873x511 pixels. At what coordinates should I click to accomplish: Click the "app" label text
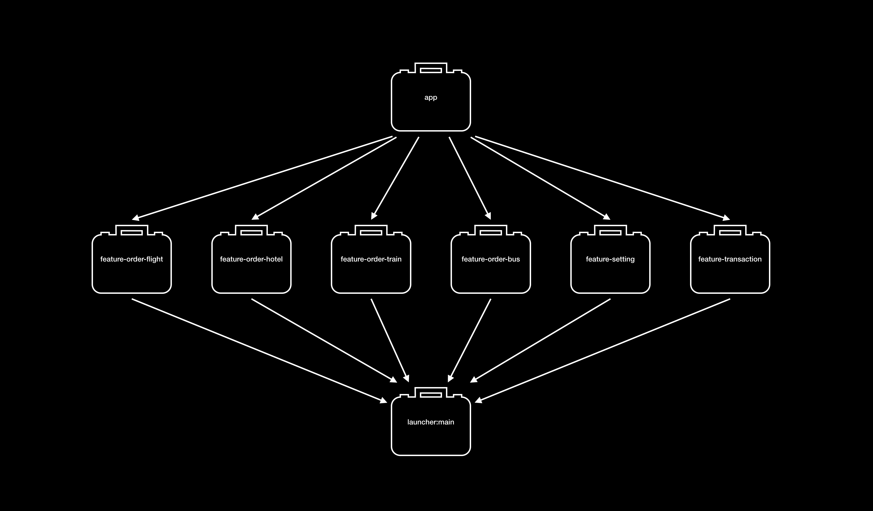point(431,97)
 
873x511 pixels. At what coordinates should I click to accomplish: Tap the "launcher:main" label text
point(431,422)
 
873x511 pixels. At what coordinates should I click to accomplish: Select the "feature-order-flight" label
point(132,259)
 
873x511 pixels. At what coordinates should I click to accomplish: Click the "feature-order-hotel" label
point(251,259)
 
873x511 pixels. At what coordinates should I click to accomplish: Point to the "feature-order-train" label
point(371,259)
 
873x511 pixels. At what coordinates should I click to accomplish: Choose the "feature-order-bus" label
point(490,259)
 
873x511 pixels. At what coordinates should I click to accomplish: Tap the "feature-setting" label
point(610,259)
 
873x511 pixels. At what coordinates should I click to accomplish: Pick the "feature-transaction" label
point(730,259)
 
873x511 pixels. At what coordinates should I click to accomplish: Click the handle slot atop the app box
point(431,70)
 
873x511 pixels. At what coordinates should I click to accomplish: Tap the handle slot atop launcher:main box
point(431,395)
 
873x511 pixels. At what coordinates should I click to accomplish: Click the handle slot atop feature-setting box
point(610,233)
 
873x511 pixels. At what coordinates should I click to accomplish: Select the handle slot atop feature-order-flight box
point(132,233)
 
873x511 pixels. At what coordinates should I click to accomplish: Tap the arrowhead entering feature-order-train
point(374,216)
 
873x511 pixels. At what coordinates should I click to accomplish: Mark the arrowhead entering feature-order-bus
point(488,216)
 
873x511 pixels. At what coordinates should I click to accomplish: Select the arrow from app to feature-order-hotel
point(324,177)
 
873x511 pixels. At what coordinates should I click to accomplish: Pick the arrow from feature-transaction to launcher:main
point(603,351)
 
